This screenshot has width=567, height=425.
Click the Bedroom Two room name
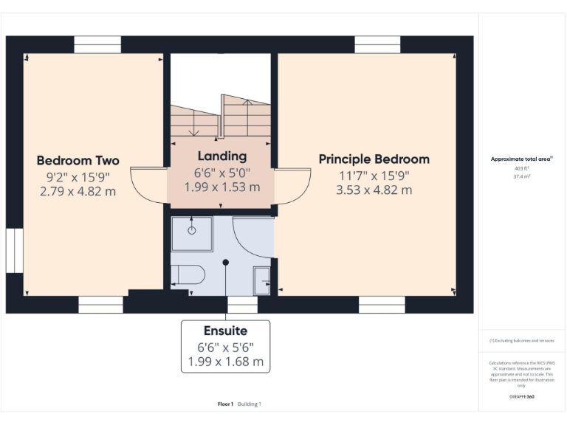click(x=78, y=160)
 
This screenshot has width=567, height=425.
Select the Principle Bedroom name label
click(x=374, y=159)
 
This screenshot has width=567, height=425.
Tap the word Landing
click(x=221, y=156)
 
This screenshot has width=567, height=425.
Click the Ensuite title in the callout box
click(x=225, y=331)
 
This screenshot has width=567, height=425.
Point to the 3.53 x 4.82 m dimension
click(x=374, y=190)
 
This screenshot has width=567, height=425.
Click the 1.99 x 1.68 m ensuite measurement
click(x=225, y=362)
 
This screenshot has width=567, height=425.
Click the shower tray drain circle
click(x=191, y=230)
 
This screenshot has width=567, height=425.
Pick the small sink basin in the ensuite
click(x=261, y=280)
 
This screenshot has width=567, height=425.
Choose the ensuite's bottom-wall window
click(x=242, y=305)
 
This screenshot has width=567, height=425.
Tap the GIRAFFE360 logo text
click(x=522, y=397)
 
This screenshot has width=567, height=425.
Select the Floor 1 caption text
click(x=226, y=404)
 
